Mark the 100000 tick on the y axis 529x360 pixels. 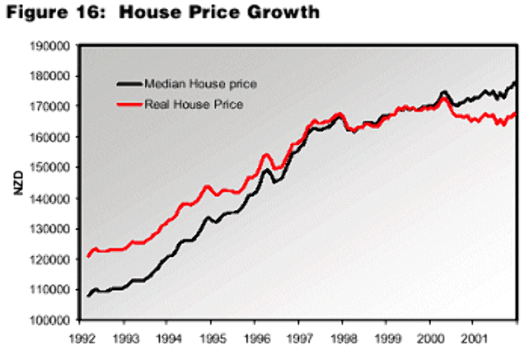(x=54, y=320)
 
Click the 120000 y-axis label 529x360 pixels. (x=54, y=259)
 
